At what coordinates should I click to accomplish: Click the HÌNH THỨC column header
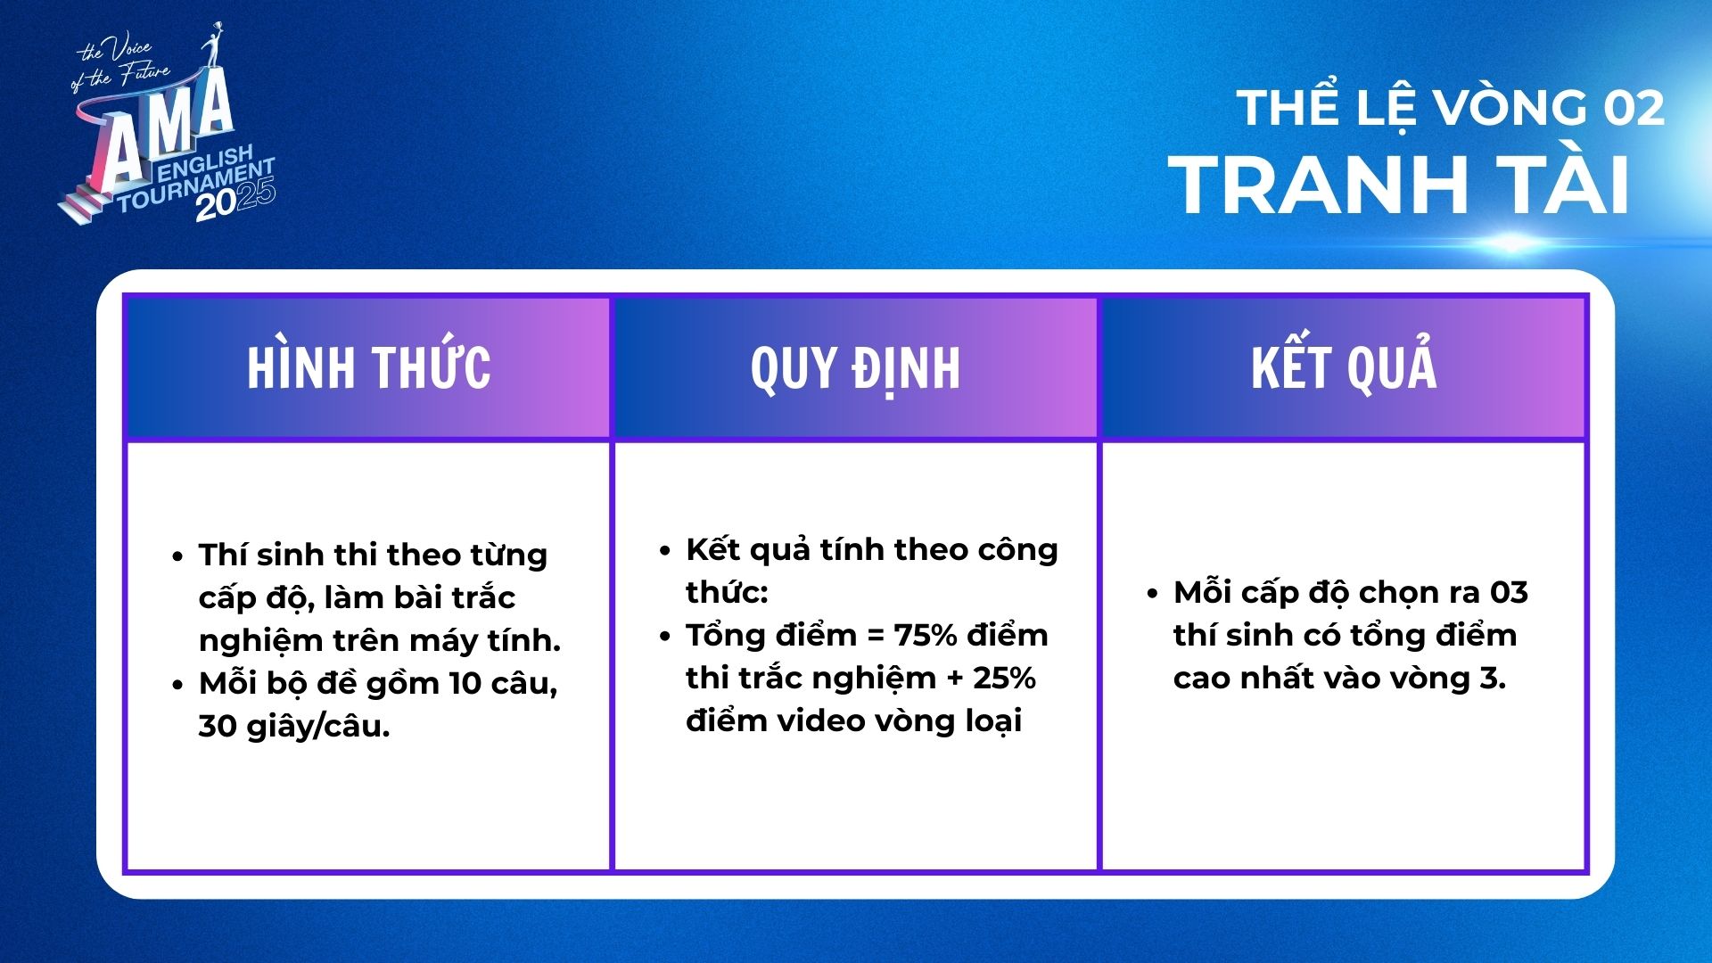[368, 366]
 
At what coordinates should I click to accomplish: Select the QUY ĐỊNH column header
[855, 367]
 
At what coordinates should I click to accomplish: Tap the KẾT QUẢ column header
[1344, 365]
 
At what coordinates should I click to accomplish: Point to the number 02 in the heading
[1634, 109]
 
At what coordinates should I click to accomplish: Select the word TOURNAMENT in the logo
[195, 185]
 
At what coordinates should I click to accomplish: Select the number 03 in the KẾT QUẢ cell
[1509, 593]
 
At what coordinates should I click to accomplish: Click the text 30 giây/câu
[294, 727]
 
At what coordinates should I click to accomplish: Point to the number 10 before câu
[465, 684]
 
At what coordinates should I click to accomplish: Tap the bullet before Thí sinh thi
[177, 556]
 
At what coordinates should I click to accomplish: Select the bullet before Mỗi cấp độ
[1152, 594]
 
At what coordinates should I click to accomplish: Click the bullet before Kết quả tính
[664, 551]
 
